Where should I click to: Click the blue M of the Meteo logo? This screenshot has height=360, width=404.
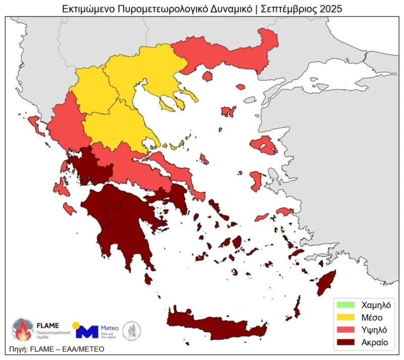(86, 332)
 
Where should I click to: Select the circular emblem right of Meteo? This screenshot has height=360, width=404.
(132, 331)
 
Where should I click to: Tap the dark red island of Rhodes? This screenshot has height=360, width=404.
(326, 284)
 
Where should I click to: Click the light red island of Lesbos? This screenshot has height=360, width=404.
(264, 146)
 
